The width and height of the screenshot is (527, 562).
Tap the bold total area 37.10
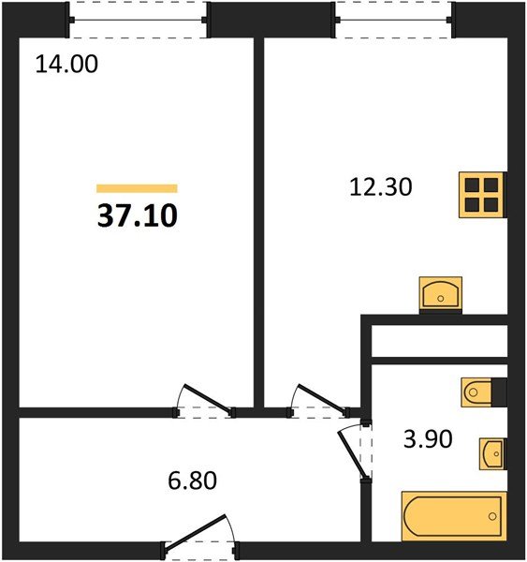pyautogui.click(x=137, y=216)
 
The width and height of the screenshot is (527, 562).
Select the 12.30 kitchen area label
pyautogui.click(x=380, y=187)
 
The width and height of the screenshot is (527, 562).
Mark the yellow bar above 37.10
pyautogui.click(x=137, y=188)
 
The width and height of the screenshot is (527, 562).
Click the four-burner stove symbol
pyautogui.click(x=481, y=195)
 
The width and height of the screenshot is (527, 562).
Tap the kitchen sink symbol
pyautogui.click(x=440, y=293)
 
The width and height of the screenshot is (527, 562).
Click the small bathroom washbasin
pyautogui.click(x=491, y=454)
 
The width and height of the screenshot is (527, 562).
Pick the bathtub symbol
pyautogui.click(x=454, y=516)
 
